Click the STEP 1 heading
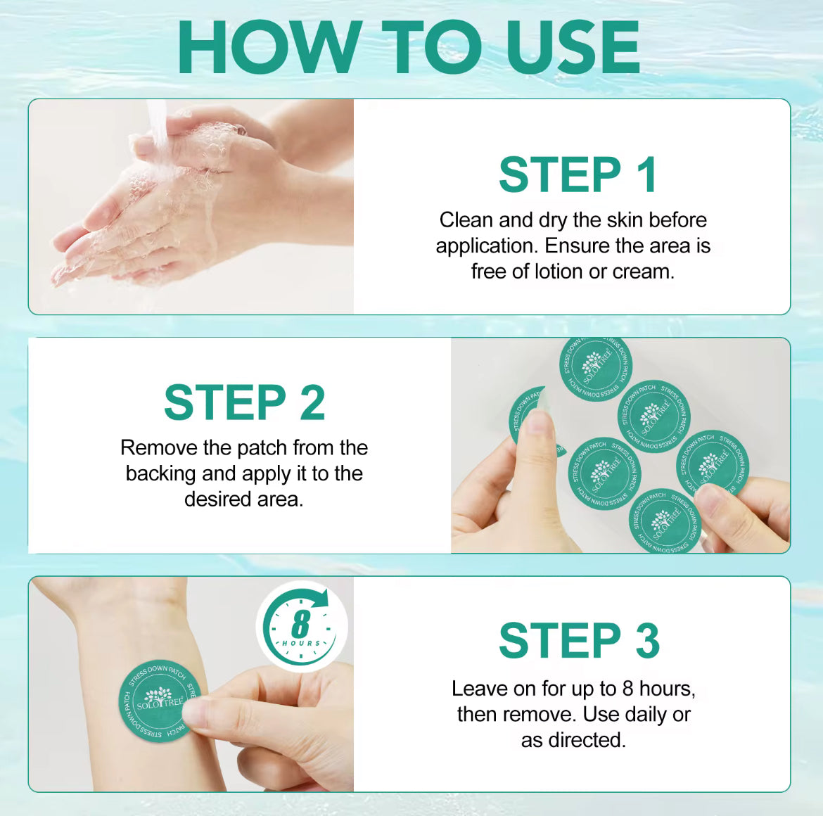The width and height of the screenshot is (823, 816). click(578, 174)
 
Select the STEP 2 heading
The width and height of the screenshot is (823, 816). click(244, 403)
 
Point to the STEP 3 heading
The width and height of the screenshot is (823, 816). click(579, 641)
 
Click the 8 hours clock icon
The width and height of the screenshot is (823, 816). click(302, 626)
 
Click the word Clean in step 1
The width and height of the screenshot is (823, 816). click(466, 220)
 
